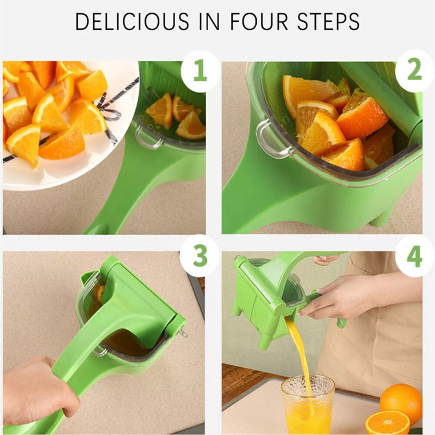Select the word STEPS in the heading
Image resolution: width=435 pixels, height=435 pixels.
(x=328, y=21)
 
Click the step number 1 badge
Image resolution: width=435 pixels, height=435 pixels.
(x=200, y=71)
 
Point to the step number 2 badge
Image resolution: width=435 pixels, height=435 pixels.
(x=415, y=71)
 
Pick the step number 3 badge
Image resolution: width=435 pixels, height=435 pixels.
(x=200, y=255)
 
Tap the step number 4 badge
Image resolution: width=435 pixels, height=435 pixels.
(x=415, y=255)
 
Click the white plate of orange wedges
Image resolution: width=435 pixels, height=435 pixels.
(x=69, y=125)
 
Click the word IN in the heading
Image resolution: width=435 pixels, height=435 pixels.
(x=209, y=21)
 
